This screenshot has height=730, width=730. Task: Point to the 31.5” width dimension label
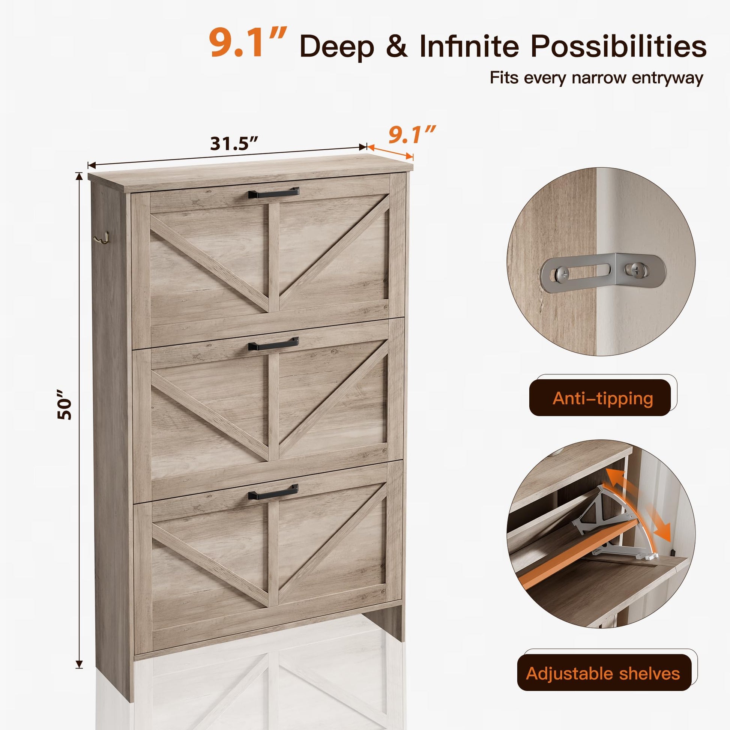[x=234, y=144]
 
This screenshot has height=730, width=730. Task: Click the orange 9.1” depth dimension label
[x=412, y=135]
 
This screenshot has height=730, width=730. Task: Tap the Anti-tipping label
[x=603, y=399]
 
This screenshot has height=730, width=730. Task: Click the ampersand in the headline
[x=397, y=46]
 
